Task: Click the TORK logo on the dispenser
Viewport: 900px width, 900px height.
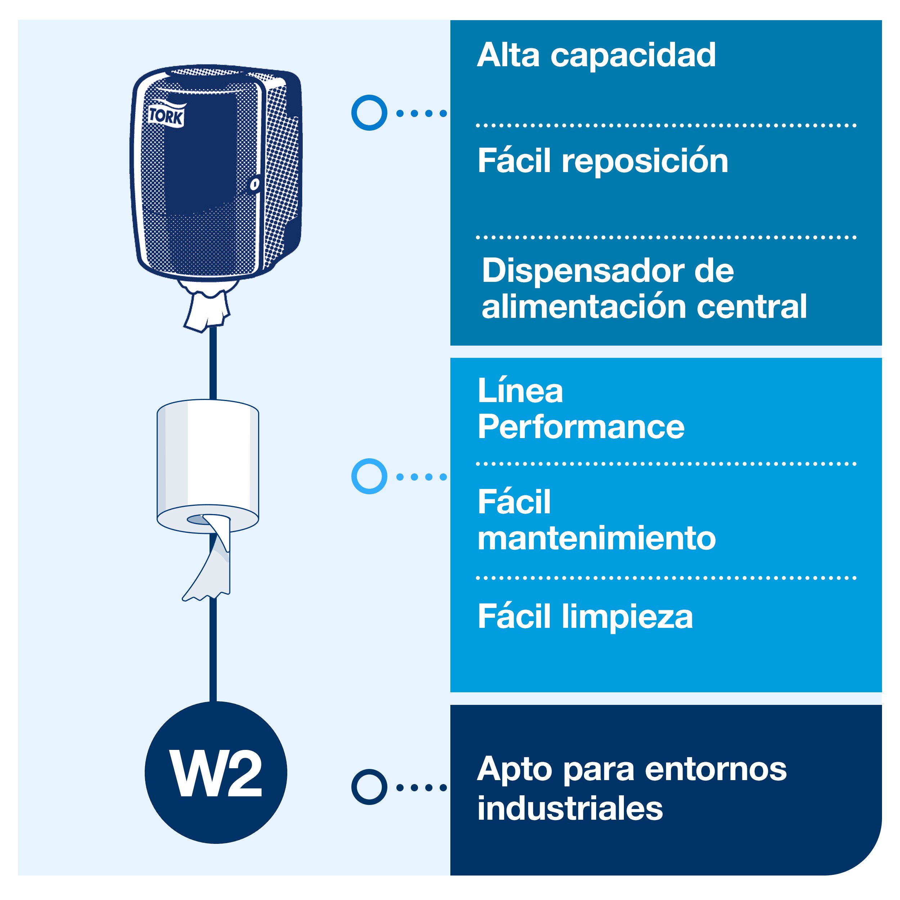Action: [166, 115]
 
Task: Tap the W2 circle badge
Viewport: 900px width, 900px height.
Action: [216, 773]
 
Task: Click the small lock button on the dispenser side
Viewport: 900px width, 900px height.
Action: [255, 184]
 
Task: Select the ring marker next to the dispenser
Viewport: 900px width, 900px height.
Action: [369, 113]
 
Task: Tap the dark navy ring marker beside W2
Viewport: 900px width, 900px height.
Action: [369, 787]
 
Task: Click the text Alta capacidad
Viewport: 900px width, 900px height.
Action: [596, 55]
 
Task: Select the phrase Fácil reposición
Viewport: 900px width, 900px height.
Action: [603, 161]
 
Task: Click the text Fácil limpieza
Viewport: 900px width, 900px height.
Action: [585, 616]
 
